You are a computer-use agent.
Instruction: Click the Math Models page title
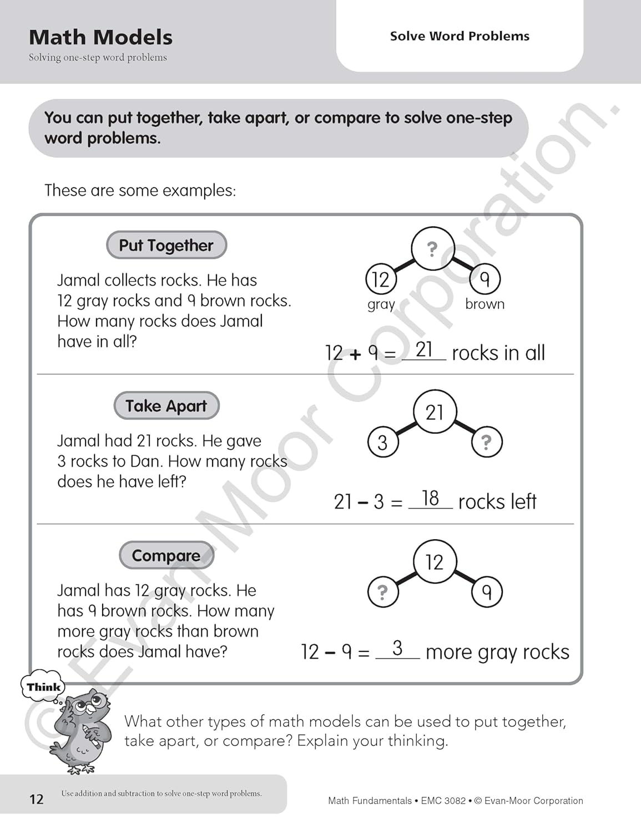100,37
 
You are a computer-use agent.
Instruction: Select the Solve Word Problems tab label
460,36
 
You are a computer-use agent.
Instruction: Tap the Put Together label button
166,245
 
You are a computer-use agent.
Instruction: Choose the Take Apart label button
166,406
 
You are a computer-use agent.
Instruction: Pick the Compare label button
166,555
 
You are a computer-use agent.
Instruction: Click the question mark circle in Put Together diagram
433,248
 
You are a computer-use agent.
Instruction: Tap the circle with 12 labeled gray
381,279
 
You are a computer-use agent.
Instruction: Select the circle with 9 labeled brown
485,279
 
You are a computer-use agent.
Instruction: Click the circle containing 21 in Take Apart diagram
435,412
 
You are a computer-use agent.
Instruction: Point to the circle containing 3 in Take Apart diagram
382,443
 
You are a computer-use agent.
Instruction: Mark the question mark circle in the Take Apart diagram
487,442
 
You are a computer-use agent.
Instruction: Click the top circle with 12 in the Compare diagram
435,562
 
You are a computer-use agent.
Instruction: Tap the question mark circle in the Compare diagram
382,592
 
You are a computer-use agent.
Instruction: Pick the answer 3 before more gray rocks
397,648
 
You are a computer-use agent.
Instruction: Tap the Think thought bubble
43,687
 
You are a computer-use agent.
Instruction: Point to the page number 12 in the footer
36,799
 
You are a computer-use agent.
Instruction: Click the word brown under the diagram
485,304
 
